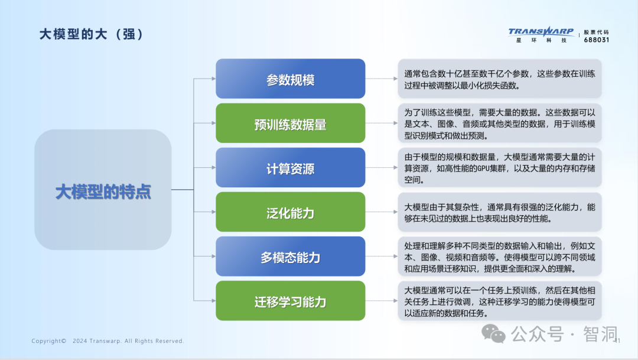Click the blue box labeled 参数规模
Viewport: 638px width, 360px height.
click(291, 79)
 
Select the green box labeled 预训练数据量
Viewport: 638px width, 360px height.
click(291, 123)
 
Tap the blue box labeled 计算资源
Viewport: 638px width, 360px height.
click(291, 167)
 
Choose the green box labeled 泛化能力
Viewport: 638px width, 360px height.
click(291, 212)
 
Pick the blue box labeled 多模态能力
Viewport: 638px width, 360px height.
click(291, 256)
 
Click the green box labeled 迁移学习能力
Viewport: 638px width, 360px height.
click(291, 300)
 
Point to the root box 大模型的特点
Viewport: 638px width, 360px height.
click(103, 190)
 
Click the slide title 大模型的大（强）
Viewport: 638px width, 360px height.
click(92, 34)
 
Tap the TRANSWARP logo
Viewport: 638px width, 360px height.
click(541, 35)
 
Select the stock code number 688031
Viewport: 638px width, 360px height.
click(597, 40)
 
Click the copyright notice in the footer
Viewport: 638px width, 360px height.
click(108, 341)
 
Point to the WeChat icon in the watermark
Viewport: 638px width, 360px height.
click(493, 333)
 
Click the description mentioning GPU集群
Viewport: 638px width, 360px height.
click(500, 168)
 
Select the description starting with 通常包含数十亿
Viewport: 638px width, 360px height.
click(500, 79)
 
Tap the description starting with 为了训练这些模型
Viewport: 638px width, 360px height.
click(500, 123)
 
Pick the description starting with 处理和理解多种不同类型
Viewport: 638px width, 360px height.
click(500, 257)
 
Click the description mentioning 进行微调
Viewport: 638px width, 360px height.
click(500, 301)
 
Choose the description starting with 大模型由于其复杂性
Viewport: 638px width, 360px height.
click(500, 212)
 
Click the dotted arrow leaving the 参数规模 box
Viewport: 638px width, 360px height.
click(381, 79)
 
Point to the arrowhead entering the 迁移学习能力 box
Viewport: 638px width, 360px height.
click(214, 300)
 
